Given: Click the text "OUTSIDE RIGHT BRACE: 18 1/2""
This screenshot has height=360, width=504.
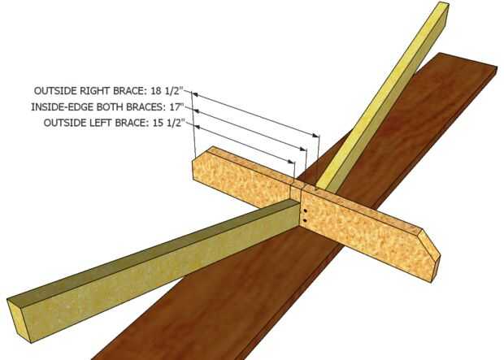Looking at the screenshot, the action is [x=111, y=91].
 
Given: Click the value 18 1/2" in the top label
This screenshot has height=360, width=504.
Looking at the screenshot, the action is [x=173, y=91].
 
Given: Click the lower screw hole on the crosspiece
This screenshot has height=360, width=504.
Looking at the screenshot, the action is [x=303, y=220].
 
